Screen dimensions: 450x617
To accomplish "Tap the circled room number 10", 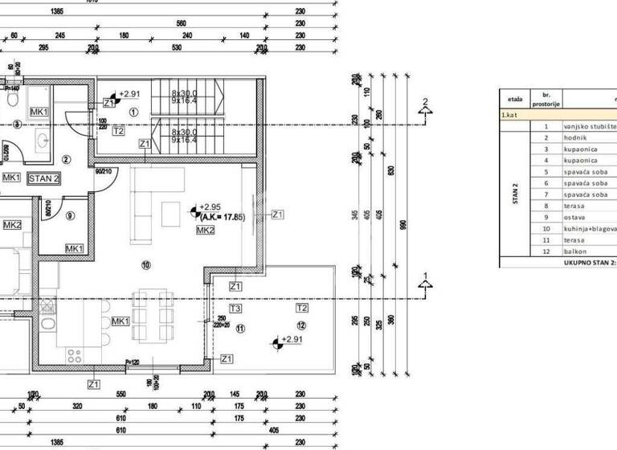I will click(x=145, y=264).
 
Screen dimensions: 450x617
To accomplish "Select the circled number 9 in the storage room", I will click(x=71, y=215).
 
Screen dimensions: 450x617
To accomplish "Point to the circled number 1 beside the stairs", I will click(x=134, y=112).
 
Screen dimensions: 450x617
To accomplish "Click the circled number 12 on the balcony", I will click(x=301, y=325).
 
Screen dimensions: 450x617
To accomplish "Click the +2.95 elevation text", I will click(x=210, y=206).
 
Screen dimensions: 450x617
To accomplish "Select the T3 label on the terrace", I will click(x=235, y=308).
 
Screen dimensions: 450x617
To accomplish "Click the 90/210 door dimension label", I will click(x=104, y=170).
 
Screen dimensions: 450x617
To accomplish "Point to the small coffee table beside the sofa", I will click(x=171, y=214).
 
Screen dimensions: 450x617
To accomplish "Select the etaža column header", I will click(x=515, y=100).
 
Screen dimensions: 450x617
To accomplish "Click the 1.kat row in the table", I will click(x=514, y=115).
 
